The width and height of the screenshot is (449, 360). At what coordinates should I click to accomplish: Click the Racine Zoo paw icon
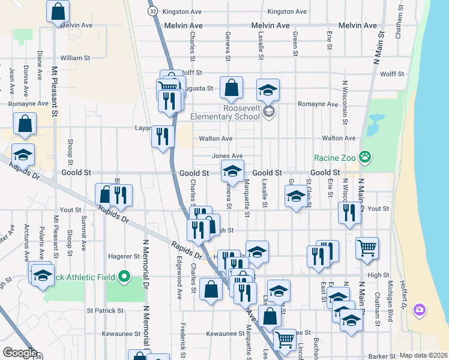(x=364, y=158)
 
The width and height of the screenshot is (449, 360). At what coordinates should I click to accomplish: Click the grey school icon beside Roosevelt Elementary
(x=269, y=111)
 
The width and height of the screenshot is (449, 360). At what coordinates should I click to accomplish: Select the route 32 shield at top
(x=153, y=11)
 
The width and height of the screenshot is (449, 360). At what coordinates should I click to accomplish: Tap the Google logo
(x=20, y=352)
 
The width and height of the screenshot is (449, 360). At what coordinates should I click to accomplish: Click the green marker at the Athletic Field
(x=124, y=277)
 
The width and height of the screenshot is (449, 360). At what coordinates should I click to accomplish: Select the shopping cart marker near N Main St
(x=367, y=248)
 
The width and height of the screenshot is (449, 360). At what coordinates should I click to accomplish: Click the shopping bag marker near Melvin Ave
(x=58, y=11)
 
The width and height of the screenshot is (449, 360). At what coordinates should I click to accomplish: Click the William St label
(x=75, y=58)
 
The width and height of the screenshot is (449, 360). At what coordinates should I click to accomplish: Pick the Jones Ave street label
(x=227, y=156)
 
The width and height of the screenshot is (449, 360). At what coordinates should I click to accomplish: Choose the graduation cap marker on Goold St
(x=232, y=171)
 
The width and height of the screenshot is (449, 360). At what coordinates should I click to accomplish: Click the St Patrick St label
(x=105, y=311)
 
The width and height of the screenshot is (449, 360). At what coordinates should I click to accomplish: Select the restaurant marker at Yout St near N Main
(x=348, y=213)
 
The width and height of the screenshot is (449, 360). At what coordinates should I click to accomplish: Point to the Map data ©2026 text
(x=423, y=355)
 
